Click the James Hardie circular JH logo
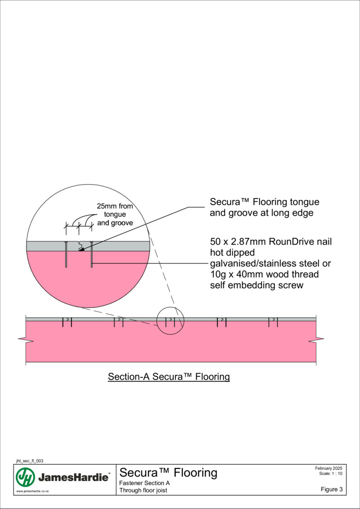(25, 478)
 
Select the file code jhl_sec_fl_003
(29, 461)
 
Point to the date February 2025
(329, 468)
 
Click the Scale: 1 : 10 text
(331, 473)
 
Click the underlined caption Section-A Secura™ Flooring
(169, 377)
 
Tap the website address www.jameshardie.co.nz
(32, 492)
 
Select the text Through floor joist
(143, 490)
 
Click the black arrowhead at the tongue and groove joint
(81, 250)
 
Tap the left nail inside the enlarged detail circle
(66, 255)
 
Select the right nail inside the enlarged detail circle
(91, 255)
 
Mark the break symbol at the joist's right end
(316, 340)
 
